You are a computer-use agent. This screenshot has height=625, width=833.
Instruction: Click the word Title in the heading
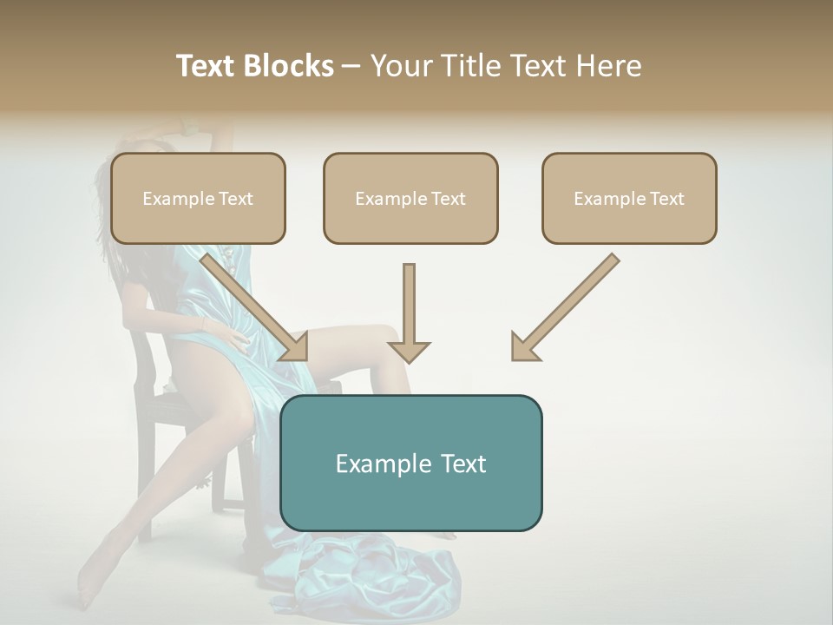(469, 66)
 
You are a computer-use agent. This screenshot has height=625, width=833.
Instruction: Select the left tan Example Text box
(198, 199)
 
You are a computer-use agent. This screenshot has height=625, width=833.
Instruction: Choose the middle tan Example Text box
(410, 199)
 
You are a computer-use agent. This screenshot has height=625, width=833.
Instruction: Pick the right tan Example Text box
(629, 199)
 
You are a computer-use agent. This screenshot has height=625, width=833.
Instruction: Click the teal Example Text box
(410, 464)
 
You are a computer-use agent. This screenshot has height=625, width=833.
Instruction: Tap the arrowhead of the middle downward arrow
(409, 351)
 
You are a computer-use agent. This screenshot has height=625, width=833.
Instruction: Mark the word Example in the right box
(608, 199)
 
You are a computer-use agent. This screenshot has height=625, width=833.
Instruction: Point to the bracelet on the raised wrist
(186, 129)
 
